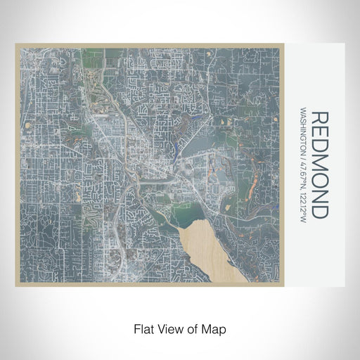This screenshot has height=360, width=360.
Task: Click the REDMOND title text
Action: pyautogui.click(x=319, y=164)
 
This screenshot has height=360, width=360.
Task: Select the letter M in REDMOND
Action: pyautogui.click(x=319, y=164)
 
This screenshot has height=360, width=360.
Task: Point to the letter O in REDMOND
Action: pyautogui.click(x=319, y=181)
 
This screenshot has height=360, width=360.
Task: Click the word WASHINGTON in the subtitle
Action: pyautogui.click(x=302, y=135)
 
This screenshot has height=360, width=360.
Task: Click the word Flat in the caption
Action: pyautogui.click(x=143, y=329)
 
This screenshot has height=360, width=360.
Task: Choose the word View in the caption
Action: pyautogui.click(x=169, y=329)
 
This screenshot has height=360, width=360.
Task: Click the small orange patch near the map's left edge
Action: pyautogui.click(x=28, y=125)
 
